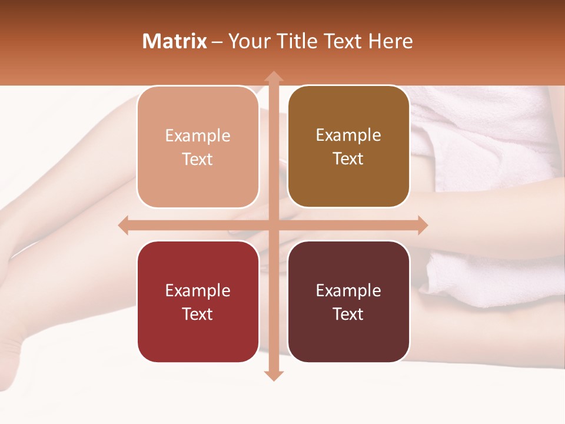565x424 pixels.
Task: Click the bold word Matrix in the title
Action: pos(175,41)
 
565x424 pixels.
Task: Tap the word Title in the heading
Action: pos(294,41)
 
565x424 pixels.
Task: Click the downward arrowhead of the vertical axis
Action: pos(273,375)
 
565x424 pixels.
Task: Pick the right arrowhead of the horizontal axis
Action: pos(422,225)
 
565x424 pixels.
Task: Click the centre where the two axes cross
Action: pos(273,225)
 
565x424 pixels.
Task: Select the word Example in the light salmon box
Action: pos(198,136)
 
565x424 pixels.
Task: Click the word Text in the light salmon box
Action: pos(198,160)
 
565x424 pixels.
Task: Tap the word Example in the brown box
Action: pos(348,135)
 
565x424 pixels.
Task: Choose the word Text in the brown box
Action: pos(348,159)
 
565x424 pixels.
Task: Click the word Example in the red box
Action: pos(198,291)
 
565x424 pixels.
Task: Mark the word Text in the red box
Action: pos(198,314)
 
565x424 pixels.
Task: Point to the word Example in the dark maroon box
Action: pos(348,291)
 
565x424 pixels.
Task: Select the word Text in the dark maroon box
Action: pos(348,314)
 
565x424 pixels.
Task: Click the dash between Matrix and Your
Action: pos(218,42)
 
